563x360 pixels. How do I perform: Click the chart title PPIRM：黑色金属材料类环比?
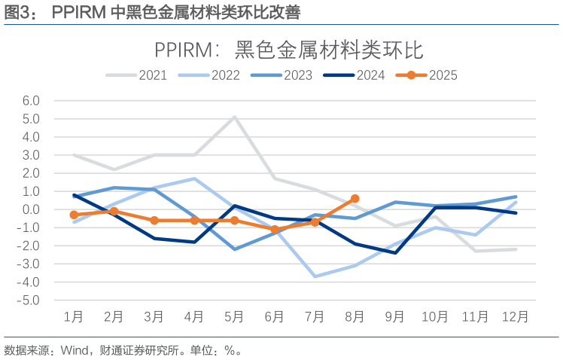pos(288,50)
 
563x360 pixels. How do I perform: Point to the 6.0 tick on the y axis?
pos(31,101)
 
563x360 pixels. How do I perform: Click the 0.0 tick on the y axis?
pos(31,209)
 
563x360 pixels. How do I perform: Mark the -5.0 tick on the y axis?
pos(29,300)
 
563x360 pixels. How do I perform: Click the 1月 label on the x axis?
pos(74,316)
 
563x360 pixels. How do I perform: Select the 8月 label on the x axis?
pos(355,316)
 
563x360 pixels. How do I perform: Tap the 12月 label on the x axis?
pos(516,316)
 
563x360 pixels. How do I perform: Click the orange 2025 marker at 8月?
pos(355,199)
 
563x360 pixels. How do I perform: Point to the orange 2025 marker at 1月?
pos(74,215)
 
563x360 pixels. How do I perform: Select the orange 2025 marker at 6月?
pos(275,230)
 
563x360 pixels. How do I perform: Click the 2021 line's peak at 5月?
pos(235,117)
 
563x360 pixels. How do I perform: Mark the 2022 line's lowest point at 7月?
pos(315,276)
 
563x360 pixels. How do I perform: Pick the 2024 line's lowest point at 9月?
pos(395,253)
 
